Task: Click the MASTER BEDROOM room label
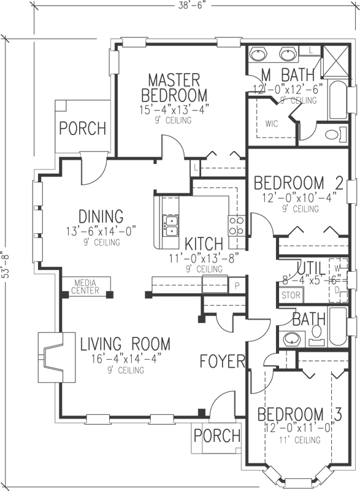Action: pos(174,88)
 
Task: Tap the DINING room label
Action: pos(101,216)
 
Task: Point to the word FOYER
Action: pos(223,361)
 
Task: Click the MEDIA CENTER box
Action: pos(86,287)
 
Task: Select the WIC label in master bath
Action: pos(272,123)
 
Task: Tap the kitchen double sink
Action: pos(170,225)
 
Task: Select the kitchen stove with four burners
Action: pos(237,225)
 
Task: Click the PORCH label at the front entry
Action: pos(216,436)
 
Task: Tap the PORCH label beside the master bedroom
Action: pos(82,129)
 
